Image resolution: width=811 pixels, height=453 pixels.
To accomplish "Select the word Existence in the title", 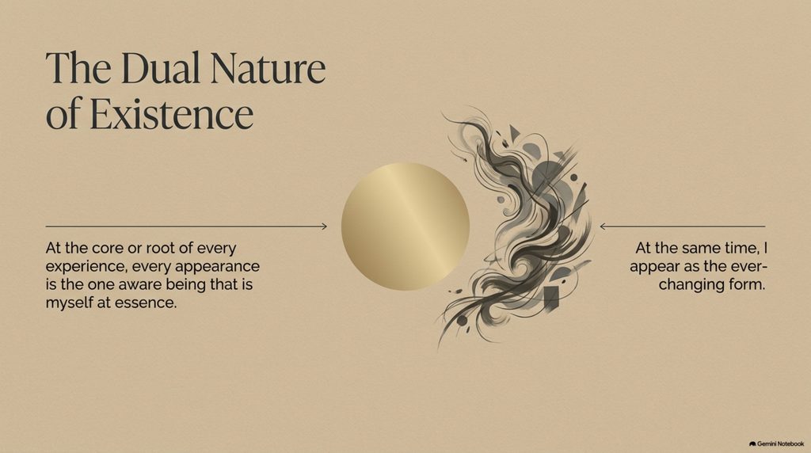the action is (172, 114).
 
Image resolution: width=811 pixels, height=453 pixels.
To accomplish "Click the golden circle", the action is (405, 226).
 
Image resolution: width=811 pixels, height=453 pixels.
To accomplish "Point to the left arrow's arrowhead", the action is (324, 226).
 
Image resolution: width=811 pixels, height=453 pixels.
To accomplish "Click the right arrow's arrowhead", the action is (603, 226).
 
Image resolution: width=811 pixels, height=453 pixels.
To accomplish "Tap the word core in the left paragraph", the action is (108, 248).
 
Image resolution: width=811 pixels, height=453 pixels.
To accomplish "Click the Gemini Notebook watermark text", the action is (780, 443).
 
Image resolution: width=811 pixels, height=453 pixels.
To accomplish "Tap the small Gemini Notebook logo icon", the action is (752, 443).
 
